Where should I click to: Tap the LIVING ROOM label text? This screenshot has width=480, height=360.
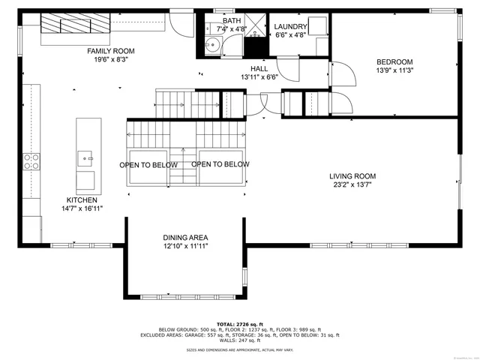coord(352,176)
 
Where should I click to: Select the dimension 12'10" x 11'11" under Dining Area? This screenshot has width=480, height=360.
coord(185,245)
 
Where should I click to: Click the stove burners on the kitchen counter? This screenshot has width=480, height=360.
coord(31,162)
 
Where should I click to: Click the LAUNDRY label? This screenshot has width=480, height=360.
coord(291,26)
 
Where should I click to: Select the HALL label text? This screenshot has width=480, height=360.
coord(259,68)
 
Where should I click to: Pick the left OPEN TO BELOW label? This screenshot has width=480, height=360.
coord(148,165)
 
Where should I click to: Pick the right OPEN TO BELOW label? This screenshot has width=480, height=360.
coord(220,164)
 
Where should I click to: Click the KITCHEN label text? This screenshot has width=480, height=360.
coord(82,200)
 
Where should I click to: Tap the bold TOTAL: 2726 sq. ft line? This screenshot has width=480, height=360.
coord(240,323)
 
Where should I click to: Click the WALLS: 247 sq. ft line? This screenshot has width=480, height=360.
coord(240,340)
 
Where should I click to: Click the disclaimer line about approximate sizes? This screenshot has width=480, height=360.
coord(240,349)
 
